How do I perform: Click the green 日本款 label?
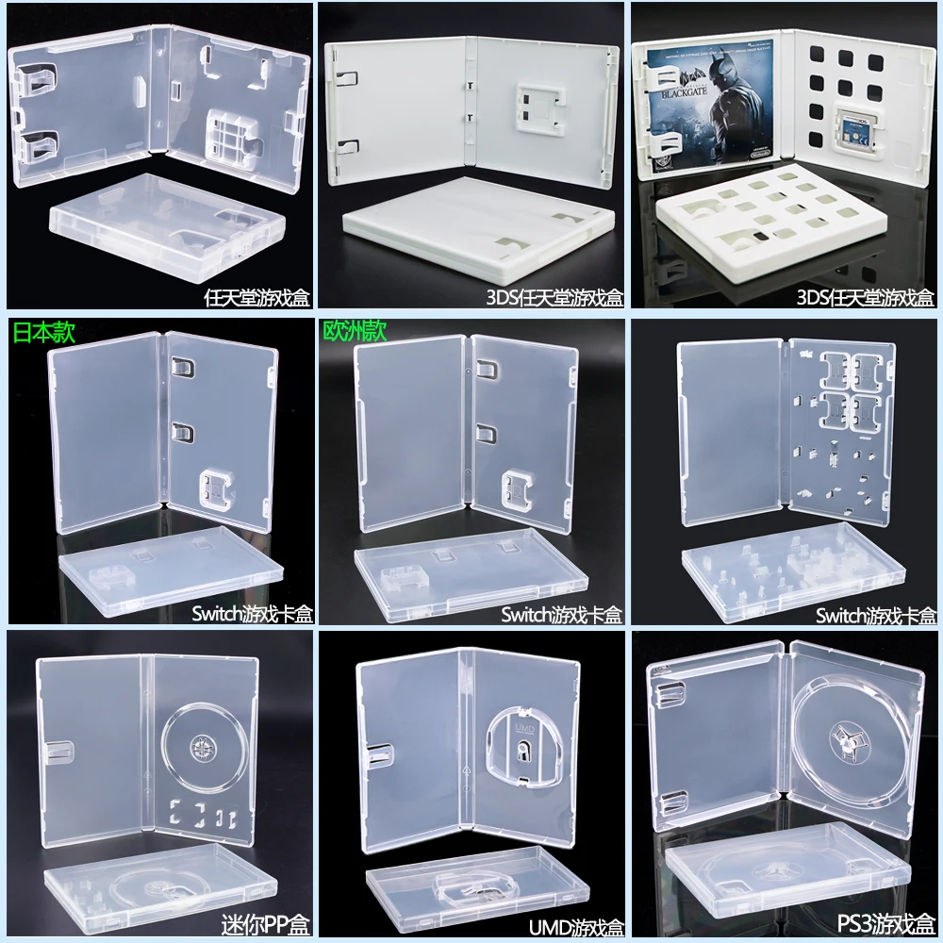click(x=42, y=332)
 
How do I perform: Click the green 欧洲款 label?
click(x=355, y=332)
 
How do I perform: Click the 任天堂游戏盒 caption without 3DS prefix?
click(x=256, y=299)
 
